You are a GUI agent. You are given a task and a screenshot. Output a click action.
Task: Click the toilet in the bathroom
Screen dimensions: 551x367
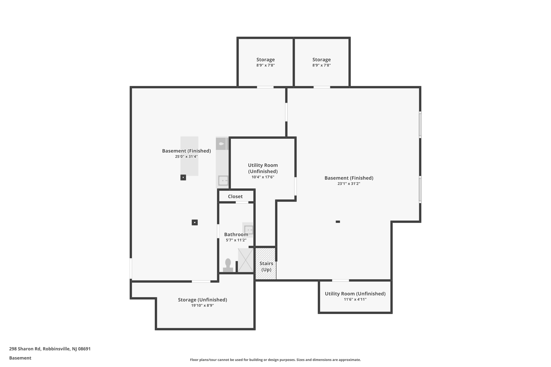click(x=228, y=265)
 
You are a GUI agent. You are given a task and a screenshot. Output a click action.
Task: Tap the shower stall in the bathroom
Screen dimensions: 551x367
click(x=246, y=260)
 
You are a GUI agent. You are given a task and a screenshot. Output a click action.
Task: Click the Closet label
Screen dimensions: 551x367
click(x=235, y=197)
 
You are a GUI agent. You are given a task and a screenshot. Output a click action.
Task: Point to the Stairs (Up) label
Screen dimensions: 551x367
click(x=266, y=266)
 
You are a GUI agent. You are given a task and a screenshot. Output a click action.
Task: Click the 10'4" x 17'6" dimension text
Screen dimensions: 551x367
click(x=263, y=177)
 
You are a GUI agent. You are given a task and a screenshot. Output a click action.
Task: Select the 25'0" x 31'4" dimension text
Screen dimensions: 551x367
click(x=186, y=156)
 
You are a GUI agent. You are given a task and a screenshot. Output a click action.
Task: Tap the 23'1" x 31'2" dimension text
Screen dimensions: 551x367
click(x=349, y=184)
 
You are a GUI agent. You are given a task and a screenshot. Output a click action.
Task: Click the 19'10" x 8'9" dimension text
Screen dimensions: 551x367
click(x=203, y=305)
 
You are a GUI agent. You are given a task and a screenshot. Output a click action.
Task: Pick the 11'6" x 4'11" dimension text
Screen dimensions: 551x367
click(x=355, y=299)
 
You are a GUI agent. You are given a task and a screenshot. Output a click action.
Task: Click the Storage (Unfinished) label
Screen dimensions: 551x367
click(x=203, y=300)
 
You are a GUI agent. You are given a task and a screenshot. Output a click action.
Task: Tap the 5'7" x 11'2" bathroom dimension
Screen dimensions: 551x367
click(x=236, y=240)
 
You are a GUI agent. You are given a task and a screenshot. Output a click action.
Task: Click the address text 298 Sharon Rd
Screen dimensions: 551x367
click(x=25, y=349)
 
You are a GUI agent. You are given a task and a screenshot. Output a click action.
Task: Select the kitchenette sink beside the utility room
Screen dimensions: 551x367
click(x=223, y=180)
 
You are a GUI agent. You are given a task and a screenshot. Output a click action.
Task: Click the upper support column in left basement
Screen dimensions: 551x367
click(x=183, y=177)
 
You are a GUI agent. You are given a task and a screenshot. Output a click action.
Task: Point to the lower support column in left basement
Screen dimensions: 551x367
click(x=195, y=222)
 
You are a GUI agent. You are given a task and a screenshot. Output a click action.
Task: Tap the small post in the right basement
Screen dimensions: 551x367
click(x=338, y=222)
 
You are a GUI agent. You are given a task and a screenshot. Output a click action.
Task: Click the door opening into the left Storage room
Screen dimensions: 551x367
click(x=265, y=87)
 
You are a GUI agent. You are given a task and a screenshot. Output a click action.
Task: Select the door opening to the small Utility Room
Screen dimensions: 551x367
click(x=341, y=280)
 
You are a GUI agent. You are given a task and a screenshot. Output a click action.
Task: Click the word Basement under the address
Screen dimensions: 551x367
click(x=20, y=358)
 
